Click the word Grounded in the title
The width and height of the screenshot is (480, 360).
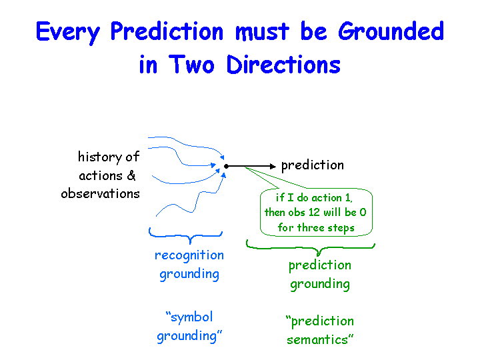click(x=391, y=31)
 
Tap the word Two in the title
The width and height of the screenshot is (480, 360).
click(x=191, y=64)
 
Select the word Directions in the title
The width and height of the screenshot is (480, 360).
click(x=283, y=64)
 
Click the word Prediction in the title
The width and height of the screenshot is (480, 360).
click(x=167, y=31)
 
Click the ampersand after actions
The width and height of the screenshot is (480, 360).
click(x=131, y=175)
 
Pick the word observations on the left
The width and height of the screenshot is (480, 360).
click(x=101, y=193)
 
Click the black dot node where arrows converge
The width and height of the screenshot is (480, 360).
click(x=226, y=166)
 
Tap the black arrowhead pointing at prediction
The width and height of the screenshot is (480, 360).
click(x=273, y=166)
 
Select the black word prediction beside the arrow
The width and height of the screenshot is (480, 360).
click(x=313, y=165)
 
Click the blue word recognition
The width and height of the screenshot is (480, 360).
click(x=189, y=255)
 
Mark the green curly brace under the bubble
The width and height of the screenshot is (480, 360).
click(x=311, y=247)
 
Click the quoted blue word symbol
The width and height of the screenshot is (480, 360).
click(x=189, y=317)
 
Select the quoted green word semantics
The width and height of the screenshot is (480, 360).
click(x=320, y=339)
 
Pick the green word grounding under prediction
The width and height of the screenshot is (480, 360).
click(x=320, y=284)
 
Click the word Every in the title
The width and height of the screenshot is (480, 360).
click(x=68, y=32)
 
